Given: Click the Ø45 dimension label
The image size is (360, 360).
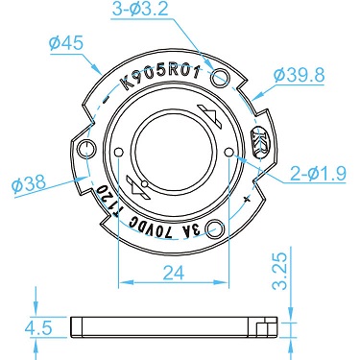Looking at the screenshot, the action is click(x=66, y=43).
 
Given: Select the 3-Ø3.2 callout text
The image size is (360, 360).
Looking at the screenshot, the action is click(x=140, y=10).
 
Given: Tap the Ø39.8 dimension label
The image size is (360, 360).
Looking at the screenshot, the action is click(x=300, y=75).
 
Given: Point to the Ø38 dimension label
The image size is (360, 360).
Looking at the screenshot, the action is click(x=29, y=184).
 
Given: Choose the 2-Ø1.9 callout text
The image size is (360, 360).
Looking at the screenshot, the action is click(x=318, y=174).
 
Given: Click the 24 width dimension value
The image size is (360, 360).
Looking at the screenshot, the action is click(x=174, y=273).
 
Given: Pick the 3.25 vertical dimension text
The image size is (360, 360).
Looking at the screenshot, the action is click(x=279, y=271).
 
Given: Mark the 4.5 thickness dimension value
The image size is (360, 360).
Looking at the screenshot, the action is click(x=38, y=328).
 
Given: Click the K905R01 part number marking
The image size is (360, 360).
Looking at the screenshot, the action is click(x=161, y=78).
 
